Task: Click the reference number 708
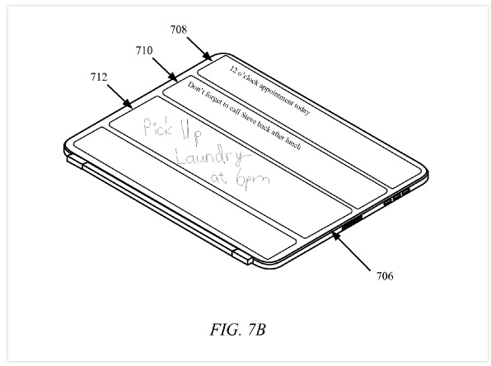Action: [179, 30]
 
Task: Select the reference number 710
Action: [144, 50]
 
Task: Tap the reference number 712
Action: [99, 77]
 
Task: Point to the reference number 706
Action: [385, 276]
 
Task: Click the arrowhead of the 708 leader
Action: [208, 57]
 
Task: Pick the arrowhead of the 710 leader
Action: [173, 77]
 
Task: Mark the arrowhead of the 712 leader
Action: [128, 104]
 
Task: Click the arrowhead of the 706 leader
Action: [335, 236]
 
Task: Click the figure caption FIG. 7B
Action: [237, 330]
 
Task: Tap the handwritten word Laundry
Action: [213, 156]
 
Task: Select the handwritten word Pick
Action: [158, 126]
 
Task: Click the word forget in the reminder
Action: [211, 96]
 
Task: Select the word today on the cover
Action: [302, 109]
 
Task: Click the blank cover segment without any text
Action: [185, 193]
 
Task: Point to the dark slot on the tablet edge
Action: [351, 223]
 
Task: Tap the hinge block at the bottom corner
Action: [242, 257]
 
